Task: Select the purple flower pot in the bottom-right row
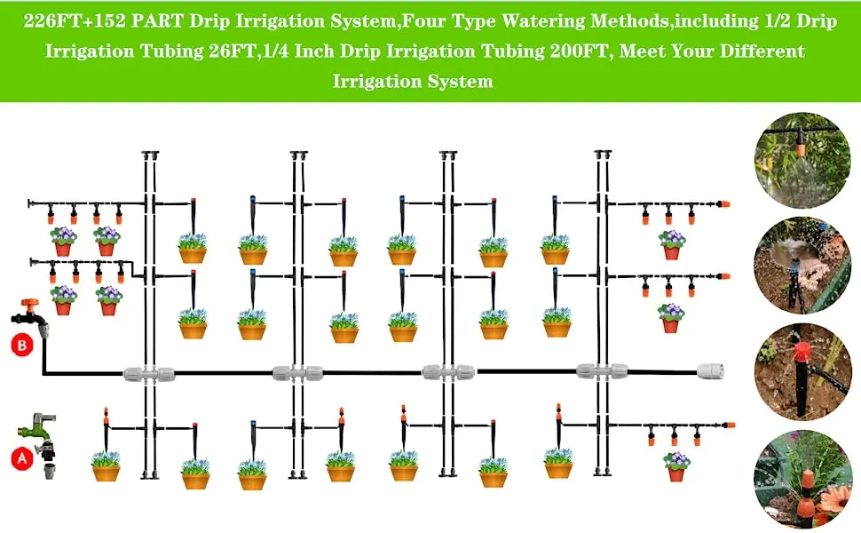676,465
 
